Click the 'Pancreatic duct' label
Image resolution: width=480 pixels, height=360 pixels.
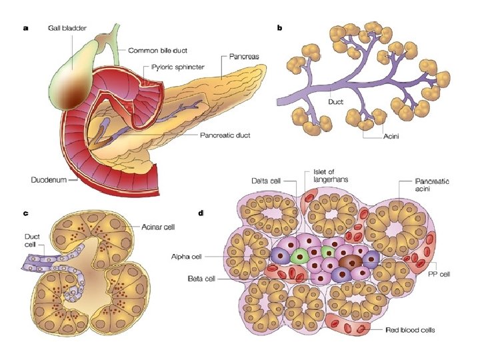[x=225, y=135]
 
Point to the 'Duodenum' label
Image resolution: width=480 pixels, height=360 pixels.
[x=52, y=181]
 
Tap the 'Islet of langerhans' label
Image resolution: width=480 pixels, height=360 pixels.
[x=331, y=174]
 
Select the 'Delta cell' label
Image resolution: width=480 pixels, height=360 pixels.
[x=269, y=181]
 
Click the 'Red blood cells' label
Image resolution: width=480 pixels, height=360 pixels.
[x=412, y=329]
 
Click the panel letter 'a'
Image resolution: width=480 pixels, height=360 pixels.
[x=25, y=28]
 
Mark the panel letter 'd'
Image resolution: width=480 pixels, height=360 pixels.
[x=201, y=213]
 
